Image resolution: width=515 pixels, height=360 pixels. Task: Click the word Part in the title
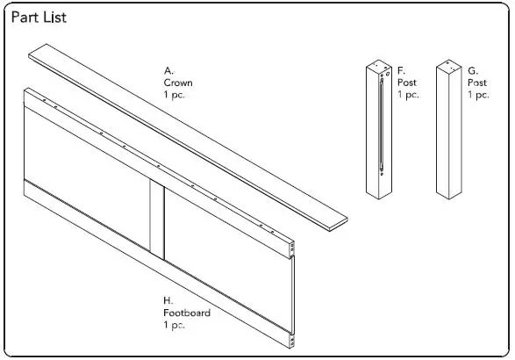coord(25,17)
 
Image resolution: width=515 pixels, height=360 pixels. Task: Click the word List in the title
coord(54,17)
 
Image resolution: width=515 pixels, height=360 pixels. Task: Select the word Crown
coord(178,83)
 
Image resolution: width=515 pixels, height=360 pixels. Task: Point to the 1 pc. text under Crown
coord(175,95)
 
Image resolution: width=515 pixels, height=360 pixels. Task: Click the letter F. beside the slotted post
coord(401,70)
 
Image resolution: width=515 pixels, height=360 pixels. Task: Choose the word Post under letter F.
coord(406,82)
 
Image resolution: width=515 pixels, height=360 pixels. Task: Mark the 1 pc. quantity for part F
coord(408,93)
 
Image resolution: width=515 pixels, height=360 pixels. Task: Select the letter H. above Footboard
coord(168,301)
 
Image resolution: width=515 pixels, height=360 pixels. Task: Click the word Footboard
coord(186,313)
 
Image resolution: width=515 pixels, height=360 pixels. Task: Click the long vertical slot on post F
coord(381,123)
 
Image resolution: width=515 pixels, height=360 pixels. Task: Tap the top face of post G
coord(449,68)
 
